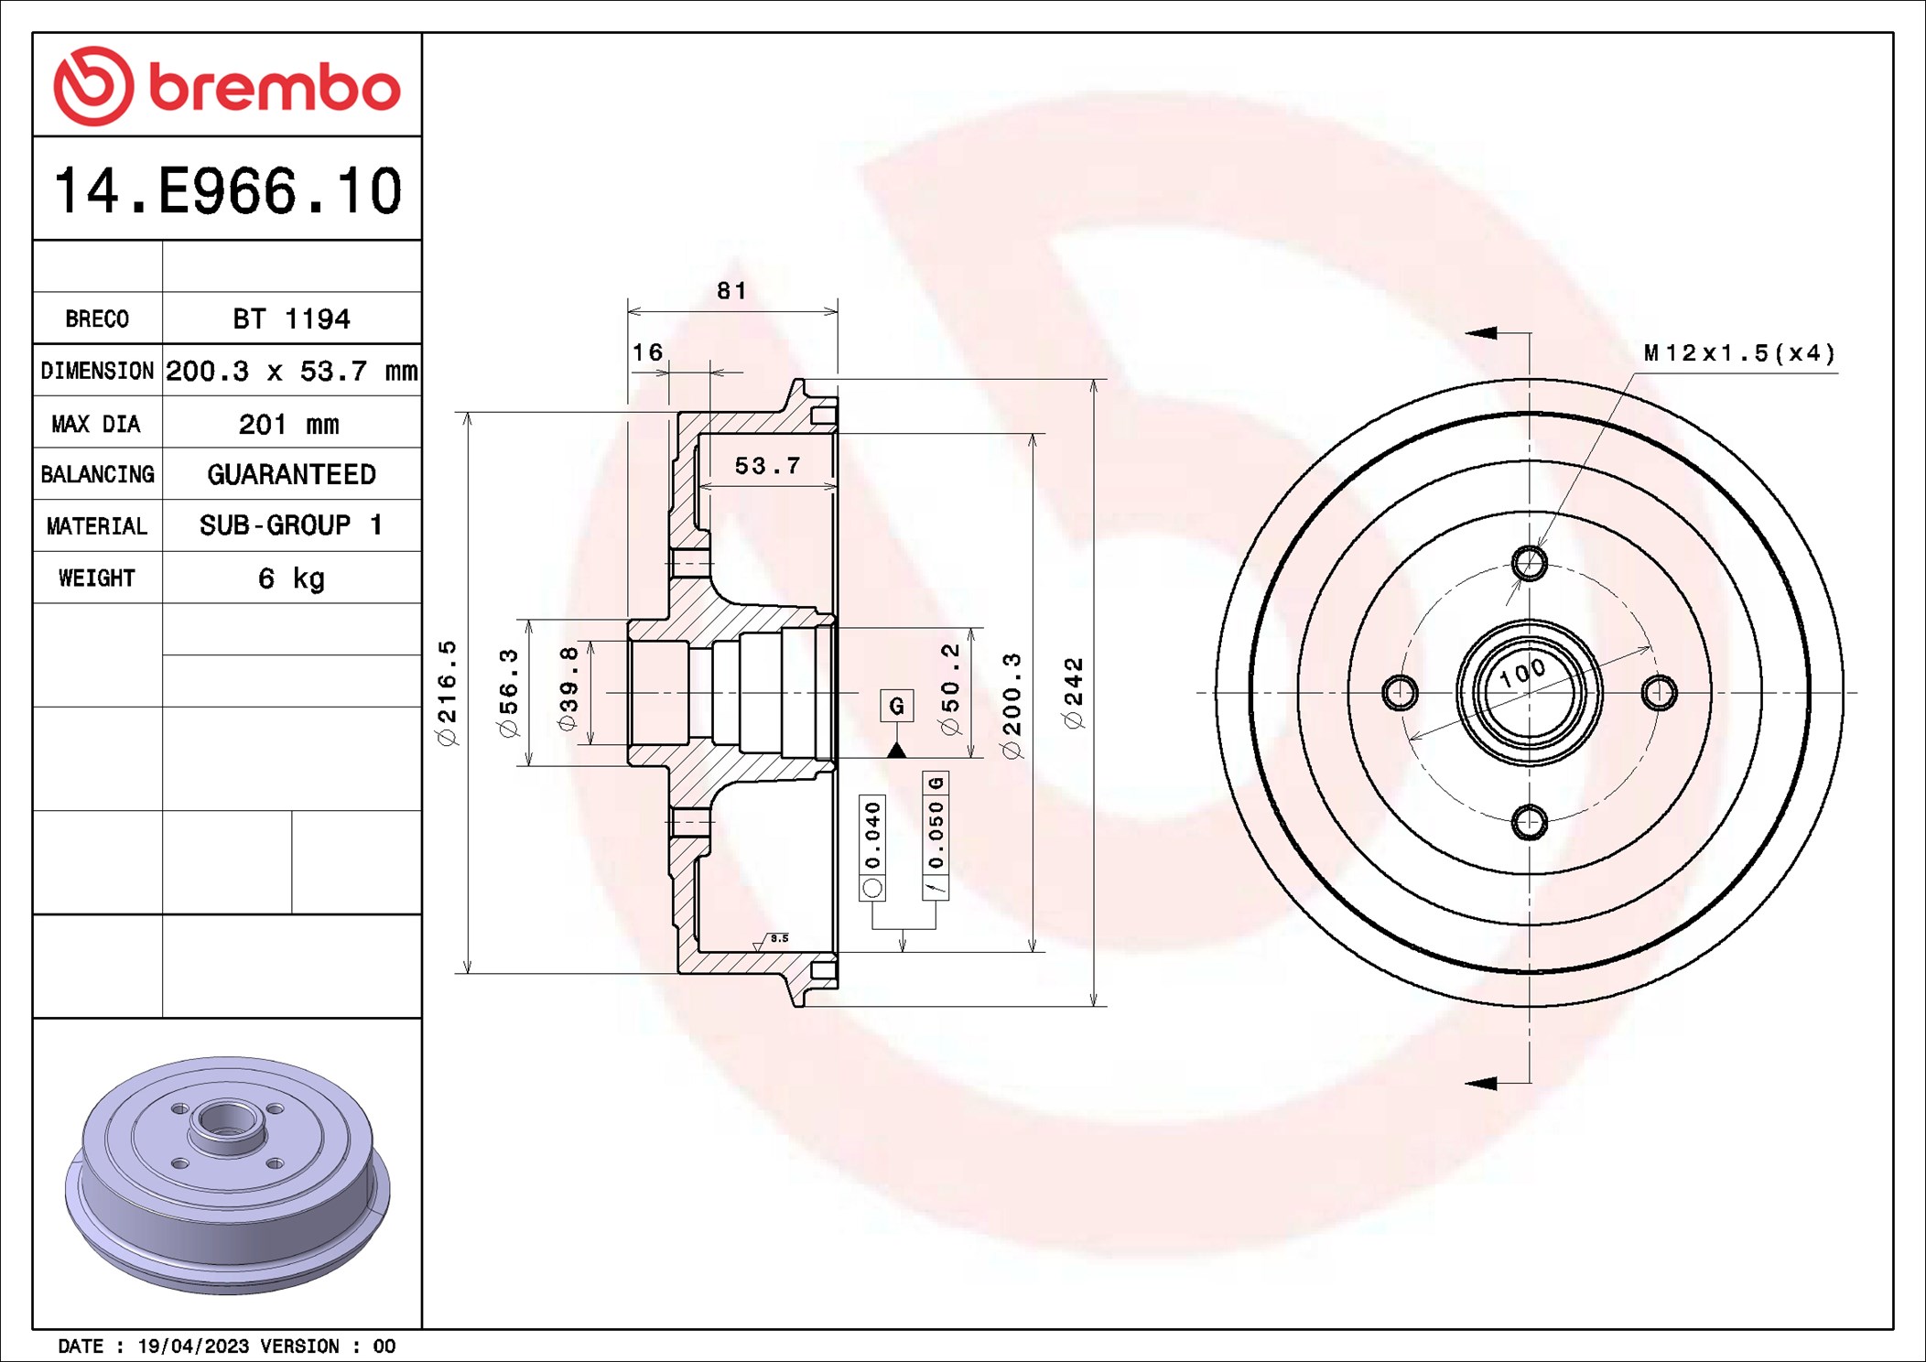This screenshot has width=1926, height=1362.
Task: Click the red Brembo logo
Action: coord(226,86)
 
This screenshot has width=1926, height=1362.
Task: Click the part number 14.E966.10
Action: coord(227,191)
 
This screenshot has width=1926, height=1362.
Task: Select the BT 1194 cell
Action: coord(291,319)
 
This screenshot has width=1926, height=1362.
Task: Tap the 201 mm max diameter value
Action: coord(289,424)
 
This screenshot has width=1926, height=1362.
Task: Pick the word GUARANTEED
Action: coord(291,474)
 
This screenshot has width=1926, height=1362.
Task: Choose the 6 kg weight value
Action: coord(291,578)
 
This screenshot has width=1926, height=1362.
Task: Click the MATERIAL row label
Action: coord(97,526)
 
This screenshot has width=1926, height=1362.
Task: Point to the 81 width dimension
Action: coord(731,291)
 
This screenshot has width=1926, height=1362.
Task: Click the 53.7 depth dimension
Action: coord(767,466)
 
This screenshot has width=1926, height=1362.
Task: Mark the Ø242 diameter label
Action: coord(1074,693)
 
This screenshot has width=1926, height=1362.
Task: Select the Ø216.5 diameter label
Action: coord(447,693)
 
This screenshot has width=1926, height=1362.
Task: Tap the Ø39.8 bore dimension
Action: coord(568,688)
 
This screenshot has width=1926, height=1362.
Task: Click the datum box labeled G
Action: coord(897,706)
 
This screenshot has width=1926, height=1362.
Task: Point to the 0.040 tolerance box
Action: coord(872,836)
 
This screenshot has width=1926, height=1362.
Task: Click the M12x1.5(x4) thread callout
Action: coord(1739,353)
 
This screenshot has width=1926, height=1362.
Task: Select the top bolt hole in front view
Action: coord(1529,563)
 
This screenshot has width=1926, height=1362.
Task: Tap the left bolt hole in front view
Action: coord(1400,693)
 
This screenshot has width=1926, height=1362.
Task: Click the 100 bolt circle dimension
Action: coord(1521,673)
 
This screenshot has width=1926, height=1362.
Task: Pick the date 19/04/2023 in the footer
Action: coord(193,1346)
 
